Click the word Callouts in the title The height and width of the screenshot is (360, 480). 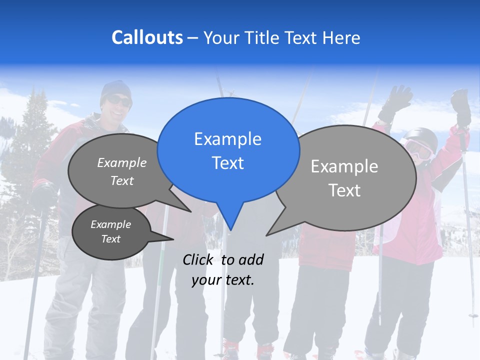point(147,38)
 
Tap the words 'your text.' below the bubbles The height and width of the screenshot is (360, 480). point(223,280)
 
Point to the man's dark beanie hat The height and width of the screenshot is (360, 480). point(115,89)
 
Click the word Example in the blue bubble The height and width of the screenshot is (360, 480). point(227,139)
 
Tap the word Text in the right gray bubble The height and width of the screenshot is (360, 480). point(345,190)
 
